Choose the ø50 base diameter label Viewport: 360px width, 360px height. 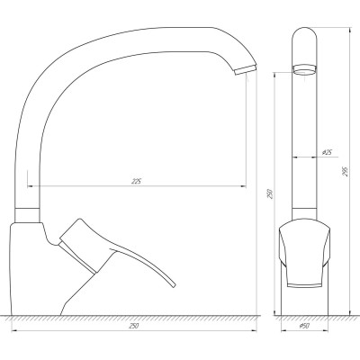306,325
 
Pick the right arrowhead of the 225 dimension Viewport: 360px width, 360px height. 244,186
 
